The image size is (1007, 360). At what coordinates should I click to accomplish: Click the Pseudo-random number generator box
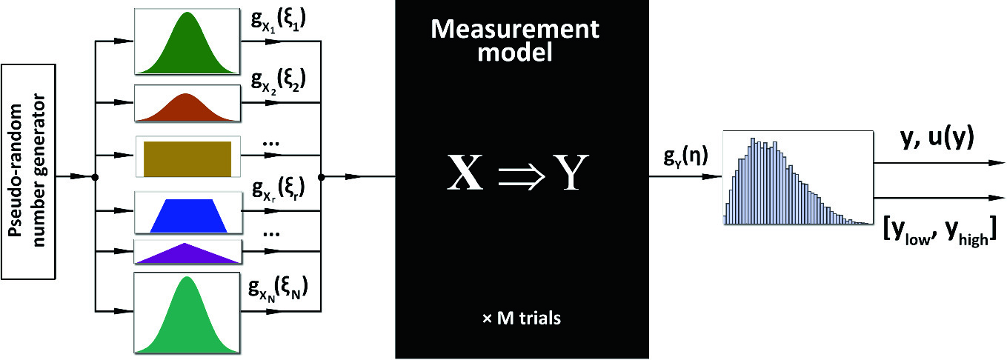[29, 171]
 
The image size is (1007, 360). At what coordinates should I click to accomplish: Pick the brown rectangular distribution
[187, 157]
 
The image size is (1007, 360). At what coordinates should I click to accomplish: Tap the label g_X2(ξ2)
[280, 81]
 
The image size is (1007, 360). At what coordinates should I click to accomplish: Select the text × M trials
[521, 319]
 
